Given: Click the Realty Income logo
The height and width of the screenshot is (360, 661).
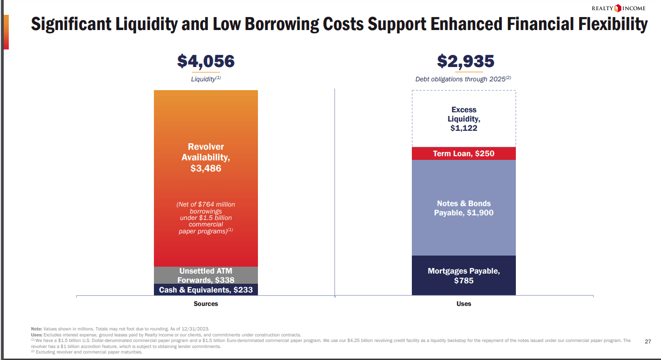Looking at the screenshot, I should pyautogui.click(x=618, y=8).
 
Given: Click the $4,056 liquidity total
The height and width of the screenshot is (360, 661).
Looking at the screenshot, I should pyautogui.click(x=206, y=61).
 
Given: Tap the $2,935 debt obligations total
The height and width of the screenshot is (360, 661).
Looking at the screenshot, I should pyautogui.click(x=465, y=61).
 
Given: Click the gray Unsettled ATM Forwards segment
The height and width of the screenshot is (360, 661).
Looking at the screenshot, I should pyautogui.click(x=206, y=275).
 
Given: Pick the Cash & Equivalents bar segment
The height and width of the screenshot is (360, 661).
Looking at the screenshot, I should pyautogui.click(x=206, y=290).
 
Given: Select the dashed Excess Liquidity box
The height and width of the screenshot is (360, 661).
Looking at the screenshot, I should pyautogui.click(x=464, y=119).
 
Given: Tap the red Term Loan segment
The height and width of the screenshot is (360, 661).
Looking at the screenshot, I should pyautogui.click(x=464, y=153).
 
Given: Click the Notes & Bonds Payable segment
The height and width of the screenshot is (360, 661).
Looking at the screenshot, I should pyautogui.click(x=464, y=208).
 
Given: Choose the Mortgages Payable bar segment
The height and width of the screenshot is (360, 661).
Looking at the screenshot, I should pyautogui.click(x=464, y=275).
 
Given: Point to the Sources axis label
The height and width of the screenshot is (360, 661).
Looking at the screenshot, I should pyautogui.click(x=206, y=304).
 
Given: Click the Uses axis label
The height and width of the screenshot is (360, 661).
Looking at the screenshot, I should pyautogui.click(x=464, y=304).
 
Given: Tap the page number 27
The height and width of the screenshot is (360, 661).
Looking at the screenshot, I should pyautogui.click(x=648, y=342).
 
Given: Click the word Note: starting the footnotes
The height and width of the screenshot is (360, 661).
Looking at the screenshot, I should pyautogui.click(x=36, y=329).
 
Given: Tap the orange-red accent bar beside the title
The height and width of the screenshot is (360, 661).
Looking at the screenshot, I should pyautogui.click(x=6, y=32).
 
